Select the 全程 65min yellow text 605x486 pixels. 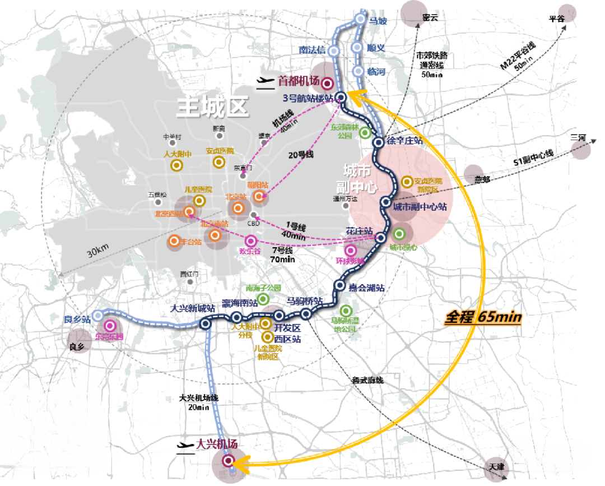click(483, 317)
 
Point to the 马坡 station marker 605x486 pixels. click(361, 20)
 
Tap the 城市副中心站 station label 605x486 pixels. click(419, 207)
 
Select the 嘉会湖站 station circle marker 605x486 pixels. click(339, 285)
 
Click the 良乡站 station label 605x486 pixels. click(77, 320)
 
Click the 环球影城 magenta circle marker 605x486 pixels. click(351, 251)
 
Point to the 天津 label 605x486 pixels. click(496, 466)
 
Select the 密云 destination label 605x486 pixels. click(430, 18)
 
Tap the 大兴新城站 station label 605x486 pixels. click(193, 308)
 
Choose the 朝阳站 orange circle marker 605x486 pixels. click(258, 196)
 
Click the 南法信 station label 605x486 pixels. click(313, 50)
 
